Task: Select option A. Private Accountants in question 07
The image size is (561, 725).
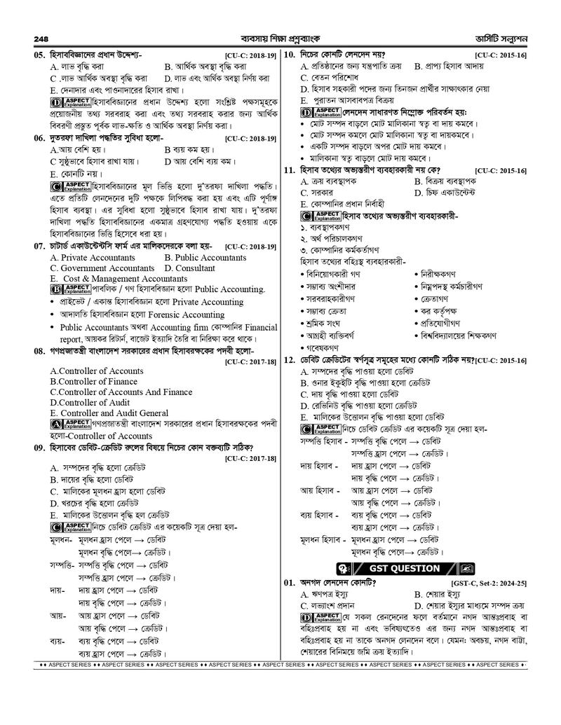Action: (93, 258)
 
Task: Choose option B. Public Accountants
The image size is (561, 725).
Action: (205, 258)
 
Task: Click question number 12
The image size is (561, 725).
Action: (288, 360)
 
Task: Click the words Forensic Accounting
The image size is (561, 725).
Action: (185, 315)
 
